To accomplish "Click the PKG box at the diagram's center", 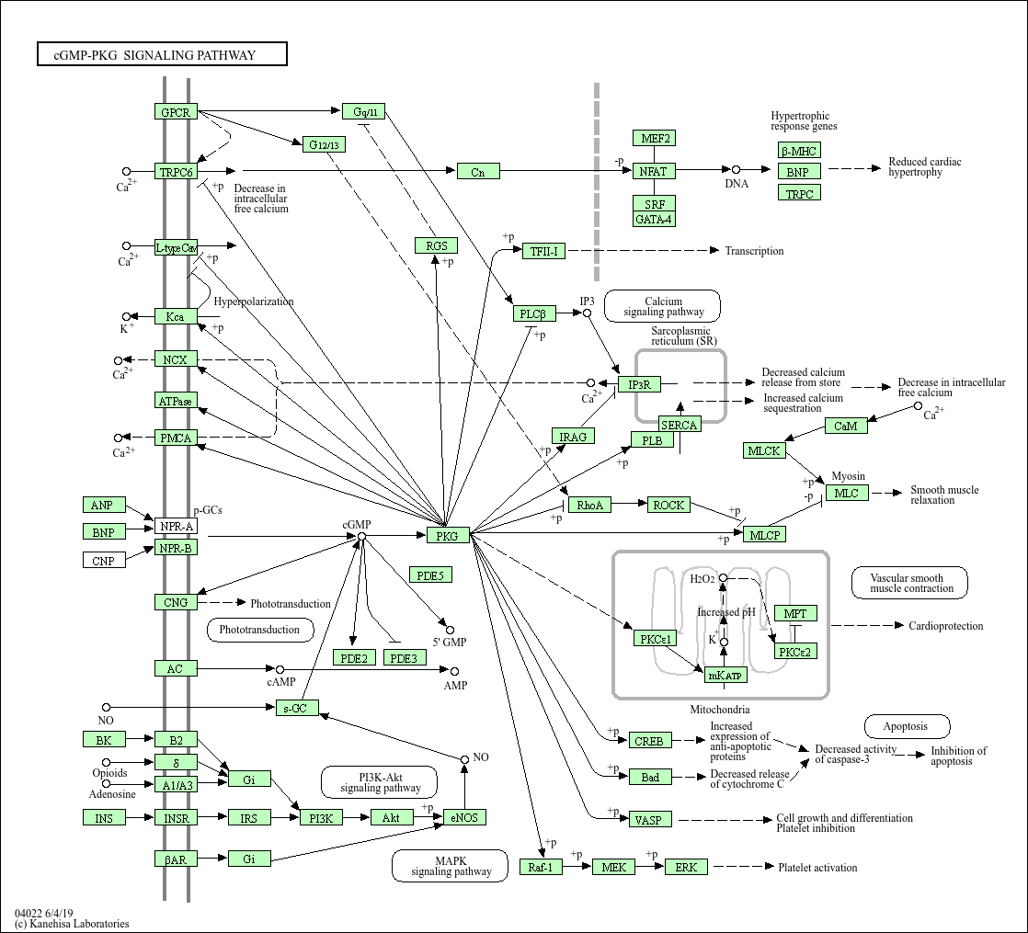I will coord(448,535).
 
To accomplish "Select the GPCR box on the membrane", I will coord(176,112).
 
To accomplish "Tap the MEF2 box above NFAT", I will coord(655,139).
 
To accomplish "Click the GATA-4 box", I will coord(655,219).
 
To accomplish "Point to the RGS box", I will coord(436,245).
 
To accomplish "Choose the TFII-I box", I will coord(543,251).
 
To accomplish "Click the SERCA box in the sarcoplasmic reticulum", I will coord(680,424).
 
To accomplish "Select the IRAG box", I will coord(574,436).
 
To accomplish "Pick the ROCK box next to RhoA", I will coord(668,505).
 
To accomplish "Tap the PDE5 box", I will coord(430,575).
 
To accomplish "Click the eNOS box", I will coord(465,817).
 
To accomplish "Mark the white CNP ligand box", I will coord(104,560).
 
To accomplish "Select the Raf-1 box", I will coord(541,867).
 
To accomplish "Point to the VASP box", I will coord(650,819).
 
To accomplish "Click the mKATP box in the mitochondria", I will coord(725,676).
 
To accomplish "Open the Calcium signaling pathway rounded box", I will coord(662,306).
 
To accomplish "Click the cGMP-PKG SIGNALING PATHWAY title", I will coord(162,55).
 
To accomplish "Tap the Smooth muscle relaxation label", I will coord(944,495).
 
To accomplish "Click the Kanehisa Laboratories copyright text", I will coord(73,924).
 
